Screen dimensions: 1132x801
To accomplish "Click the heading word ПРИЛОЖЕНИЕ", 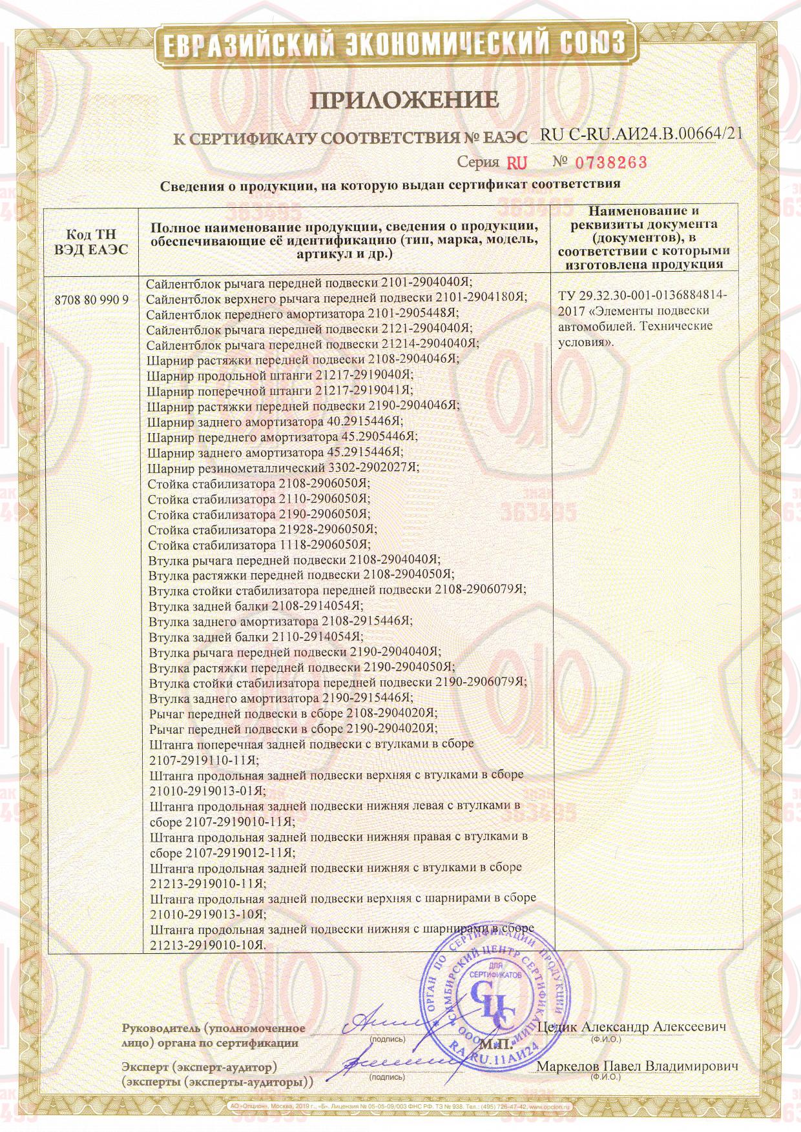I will [x=406, y=100].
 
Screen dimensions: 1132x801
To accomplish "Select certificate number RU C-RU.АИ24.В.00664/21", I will [x=641, y=134].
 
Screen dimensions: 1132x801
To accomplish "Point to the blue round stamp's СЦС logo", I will [x=494, y=998].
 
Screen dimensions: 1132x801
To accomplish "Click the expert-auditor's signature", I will [x=388, y=1062].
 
